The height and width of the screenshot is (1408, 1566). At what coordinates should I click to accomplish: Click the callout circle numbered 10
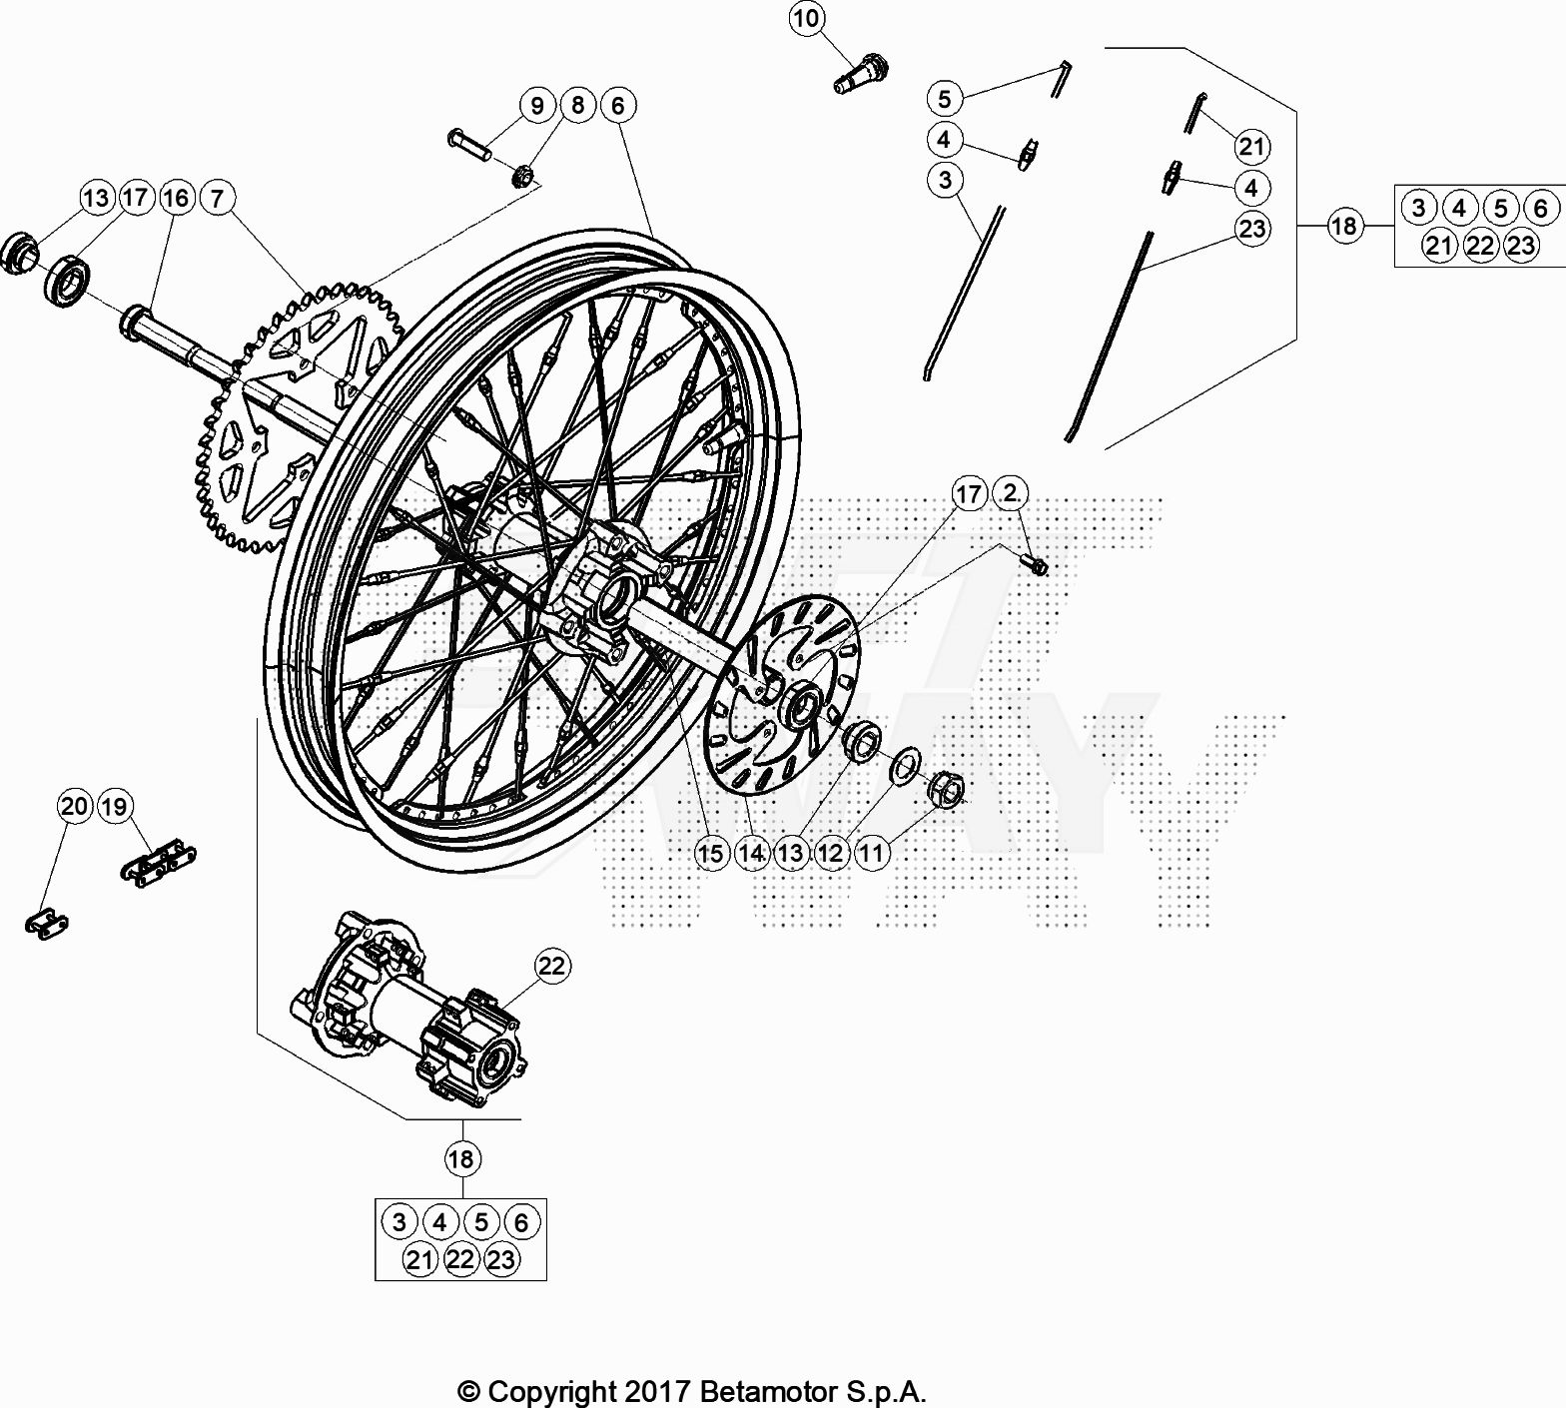tap(807, 18)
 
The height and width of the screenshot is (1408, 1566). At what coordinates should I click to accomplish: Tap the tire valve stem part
tap(860, 74)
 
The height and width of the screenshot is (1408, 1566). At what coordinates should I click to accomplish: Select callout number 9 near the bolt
tap(537, 105)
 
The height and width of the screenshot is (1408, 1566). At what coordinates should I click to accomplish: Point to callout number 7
tap(217, 198)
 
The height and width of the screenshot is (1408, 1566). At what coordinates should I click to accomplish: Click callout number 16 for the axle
tap(176, 198)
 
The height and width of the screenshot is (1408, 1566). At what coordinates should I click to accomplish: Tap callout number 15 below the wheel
tap(711, 854)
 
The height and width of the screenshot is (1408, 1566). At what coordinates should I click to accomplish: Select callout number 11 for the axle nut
tap(872, 854)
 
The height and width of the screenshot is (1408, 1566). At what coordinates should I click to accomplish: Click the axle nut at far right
tap(947, 788)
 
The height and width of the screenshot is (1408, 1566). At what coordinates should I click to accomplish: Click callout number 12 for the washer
tap(831, 854)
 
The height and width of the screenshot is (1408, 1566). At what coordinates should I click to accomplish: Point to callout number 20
tap(75, 806)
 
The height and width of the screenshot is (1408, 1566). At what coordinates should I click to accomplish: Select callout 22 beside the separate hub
tap(551, 966)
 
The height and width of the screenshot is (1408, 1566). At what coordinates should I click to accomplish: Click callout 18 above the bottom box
tap(460, 1159)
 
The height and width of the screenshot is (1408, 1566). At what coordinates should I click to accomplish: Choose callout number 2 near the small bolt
tap(1012, 493)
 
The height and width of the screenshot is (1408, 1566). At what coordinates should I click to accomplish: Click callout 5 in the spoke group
tap(944, 98)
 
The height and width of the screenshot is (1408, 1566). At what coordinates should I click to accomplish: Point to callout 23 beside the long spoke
tap(1251, 229)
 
